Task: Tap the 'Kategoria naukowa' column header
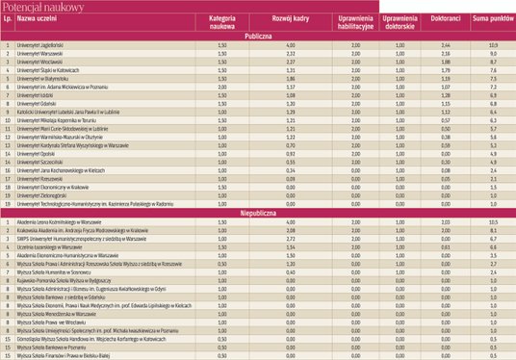222,23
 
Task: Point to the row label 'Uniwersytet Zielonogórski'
41,194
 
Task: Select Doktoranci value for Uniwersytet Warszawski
445,54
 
